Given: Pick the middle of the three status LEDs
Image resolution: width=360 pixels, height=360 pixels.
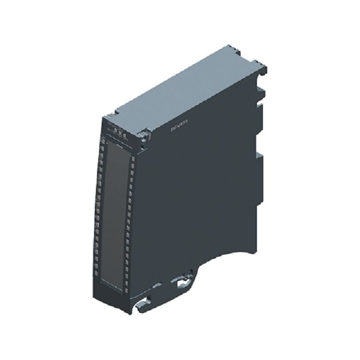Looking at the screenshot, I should (120, 131).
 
